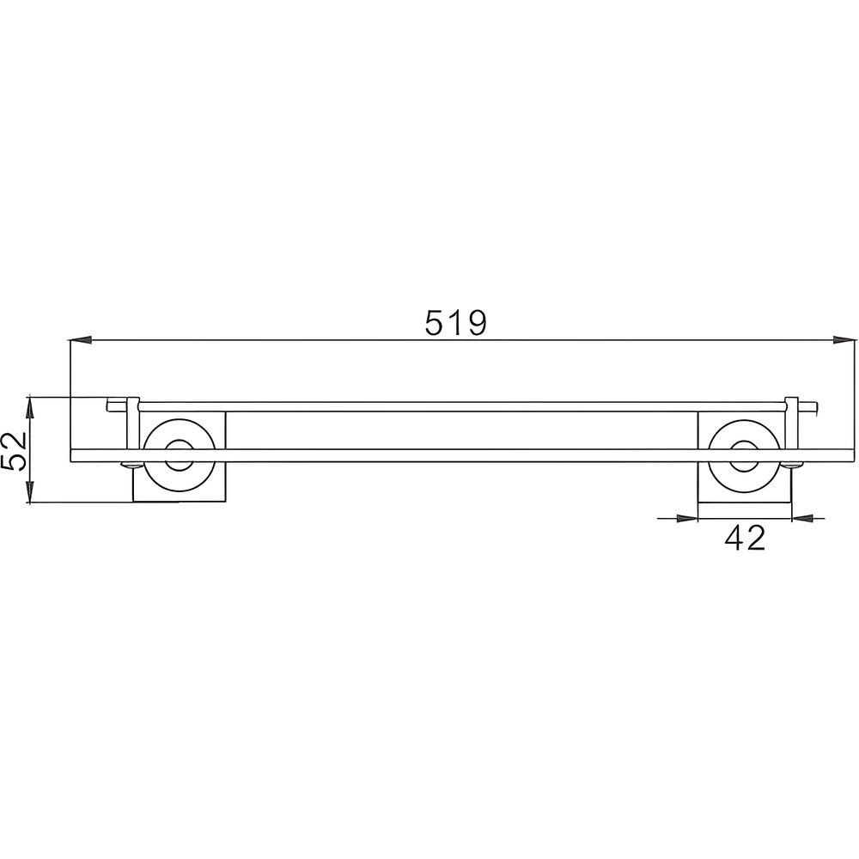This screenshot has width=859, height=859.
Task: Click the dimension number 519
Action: tap(455, 322)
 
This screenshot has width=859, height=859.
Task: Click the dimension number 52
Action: tap(15, 450)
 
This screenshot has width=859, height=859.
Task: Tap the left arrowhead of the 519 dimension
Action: tap(81, 341)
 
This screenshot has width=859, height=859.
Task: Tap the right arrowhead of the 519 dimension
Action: tap(844, 341)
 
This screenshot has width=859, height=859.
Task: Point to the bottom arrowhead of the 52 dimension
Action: tap(31, 492)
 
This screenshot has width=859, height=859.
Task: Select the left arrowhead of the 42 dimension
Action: tap(687, 518)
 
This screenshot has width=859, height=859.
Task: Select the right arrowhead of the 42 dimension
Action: tap(802, 518)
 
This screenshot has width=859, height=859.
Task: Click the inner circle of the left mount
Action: tap(180, 455)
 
